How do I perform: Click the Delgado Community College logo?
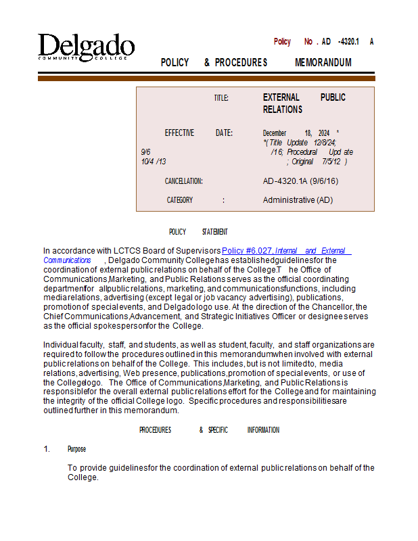click(x=86, y=47)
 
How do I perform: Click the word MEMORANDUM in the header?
click(x=323, y=63)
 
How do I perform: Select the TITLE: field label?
click(x=221, y=98)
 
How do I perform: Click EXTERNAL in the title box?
click(x=281, y=97)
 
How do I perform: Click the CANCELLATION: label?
click(x=184, y=181)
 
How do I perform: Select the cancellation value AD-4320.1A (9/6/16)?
click(x=300, y=181)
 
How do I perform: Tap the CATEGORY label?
click(x=180, y=200)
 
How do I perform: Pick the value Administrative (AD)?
click(x=298, y=200)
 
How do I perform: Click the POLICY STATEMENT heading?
click(x=198, y=232)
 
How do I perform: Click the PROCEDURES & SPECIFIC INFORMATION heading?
click(x=209, y=430)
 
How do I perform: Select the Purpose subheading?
click(x=76, y=449)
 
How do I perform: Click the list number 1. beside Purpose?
click(x=47, y=449)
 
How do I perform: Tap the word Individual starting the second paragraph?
click(x=61, y=345)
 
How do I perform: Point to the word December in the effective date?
click(x=275, y=133)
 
